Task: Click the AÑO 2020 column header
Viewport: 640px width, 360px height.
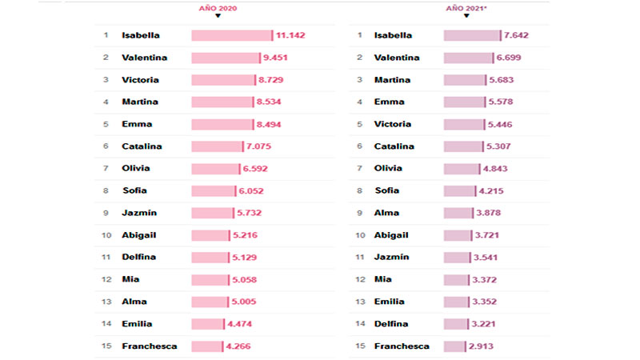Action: (218, 7)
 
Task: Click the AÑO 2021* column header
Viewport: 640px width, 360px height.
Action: (467, 7)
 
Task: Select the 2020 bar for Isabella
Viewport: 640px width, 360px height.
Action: (231, 35)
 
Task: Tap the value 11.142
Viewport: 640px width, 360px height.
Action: (291, 35)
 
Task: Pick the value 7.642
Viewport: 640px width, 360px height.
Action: (517, 35)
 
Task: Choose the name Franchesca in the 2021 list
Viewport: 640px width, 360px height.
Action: (402, 346)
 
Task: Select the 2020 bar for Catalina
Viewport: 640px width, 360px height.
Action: (216, 146)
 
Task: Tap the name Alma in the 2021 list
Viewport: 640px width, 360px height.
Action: (386, 213)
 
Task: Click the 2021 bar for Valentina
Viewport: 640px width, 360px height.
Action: (469, 58)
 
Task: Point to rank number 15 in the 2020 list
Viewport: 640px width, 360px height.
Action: (105, 346)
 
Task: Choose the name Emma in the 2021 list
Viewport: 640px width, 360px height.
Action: (389, 102)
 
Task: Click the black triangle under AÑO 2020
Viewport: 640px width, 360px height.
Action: (218, 15)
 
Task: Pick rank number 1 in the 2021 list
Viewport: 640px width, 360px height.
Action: (359, 35)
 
